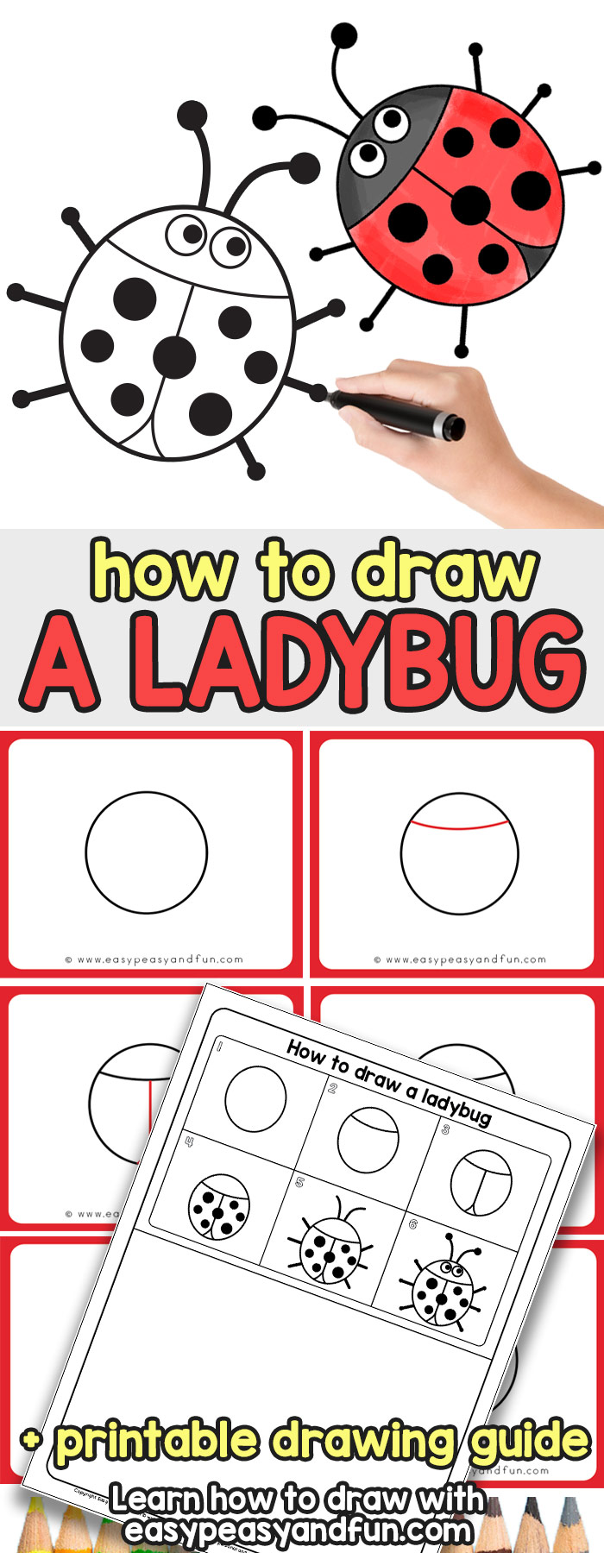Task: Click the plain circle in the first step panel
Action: pos(147,852)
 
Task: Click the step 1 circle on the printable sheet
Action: pos(255,1097)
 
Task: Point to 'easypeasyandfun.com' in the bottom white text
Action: pos(298,1531)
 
